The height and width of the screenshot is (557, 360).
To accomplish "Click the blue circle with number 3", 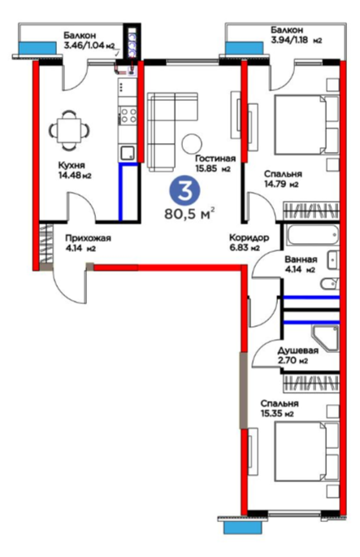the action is [184, 190].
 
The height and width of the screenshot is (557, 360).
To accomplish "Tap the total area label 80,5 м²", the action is [189, 214].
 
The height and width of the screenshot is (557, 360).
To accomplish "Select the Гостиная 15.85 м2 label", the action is [215, 163].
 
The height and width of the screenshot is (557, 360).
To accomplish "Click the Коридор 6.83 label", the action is [249, 242].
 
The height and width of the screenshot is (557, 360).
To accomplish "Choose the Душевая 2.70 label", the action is [297, 355].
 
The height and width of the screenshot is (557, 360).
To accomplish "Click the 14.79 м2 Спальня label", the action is [283, 179].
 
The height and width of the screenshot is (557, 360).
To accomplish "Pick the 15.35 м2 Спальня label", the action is [280, 408].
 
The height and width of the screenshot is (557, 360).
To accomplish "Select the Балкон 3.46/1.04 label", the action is [89, 41].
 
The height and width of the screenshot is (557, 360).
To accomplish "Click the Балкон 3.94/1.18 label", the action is [296, 35].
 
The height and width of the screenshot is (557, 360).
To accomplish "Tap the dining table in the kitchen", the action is [69, 129].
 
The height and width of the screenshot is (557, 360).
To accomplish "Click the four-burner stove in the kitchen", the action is [128, 115].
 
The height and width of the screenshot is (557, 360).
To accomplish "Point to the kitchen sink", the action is [128, 153].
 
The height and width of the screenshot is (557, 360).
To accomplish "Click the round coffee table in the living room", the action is [192, 143].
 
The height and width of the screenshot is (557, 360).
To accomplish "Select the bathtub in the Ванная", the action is [312, 234].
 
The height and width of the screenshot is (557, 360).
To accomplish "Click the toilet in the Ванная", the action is [329, 284].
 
